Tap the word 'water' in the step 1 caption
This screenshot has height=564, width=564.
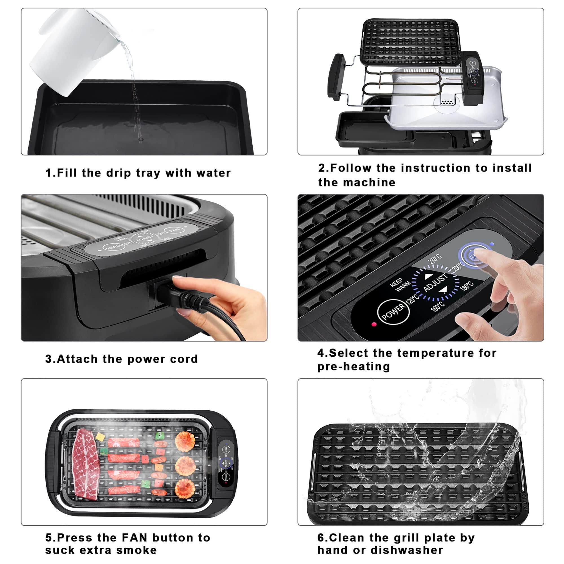[214, 173]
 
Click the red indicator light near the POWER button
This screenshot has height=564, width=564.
[373, 324]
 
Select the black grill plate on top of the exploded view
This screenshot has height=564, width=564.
[410, 39]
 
